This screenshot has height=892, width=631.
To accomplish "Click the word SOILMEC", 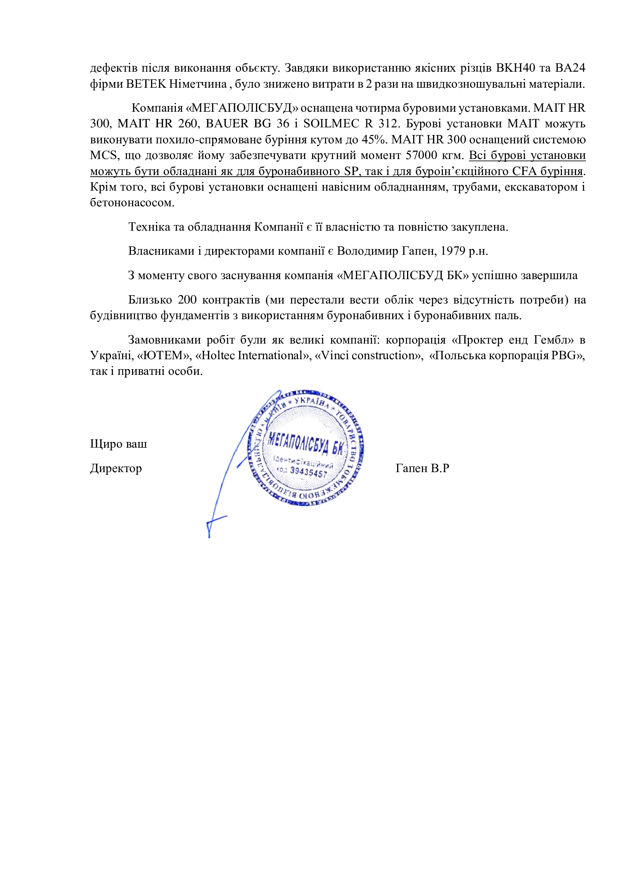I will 331,124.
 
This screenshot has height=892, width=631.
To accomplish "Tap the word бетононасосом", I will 132,203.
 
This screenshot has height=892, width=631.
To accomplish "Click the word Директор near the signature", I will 116,469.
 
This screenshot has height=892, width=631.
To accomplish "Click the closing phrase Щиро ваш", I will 119,444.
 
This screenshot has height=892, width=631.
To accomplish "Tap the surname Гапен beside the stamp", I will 412,469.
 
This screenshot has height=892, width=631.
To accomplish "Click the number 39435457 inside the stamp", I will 309,473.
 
